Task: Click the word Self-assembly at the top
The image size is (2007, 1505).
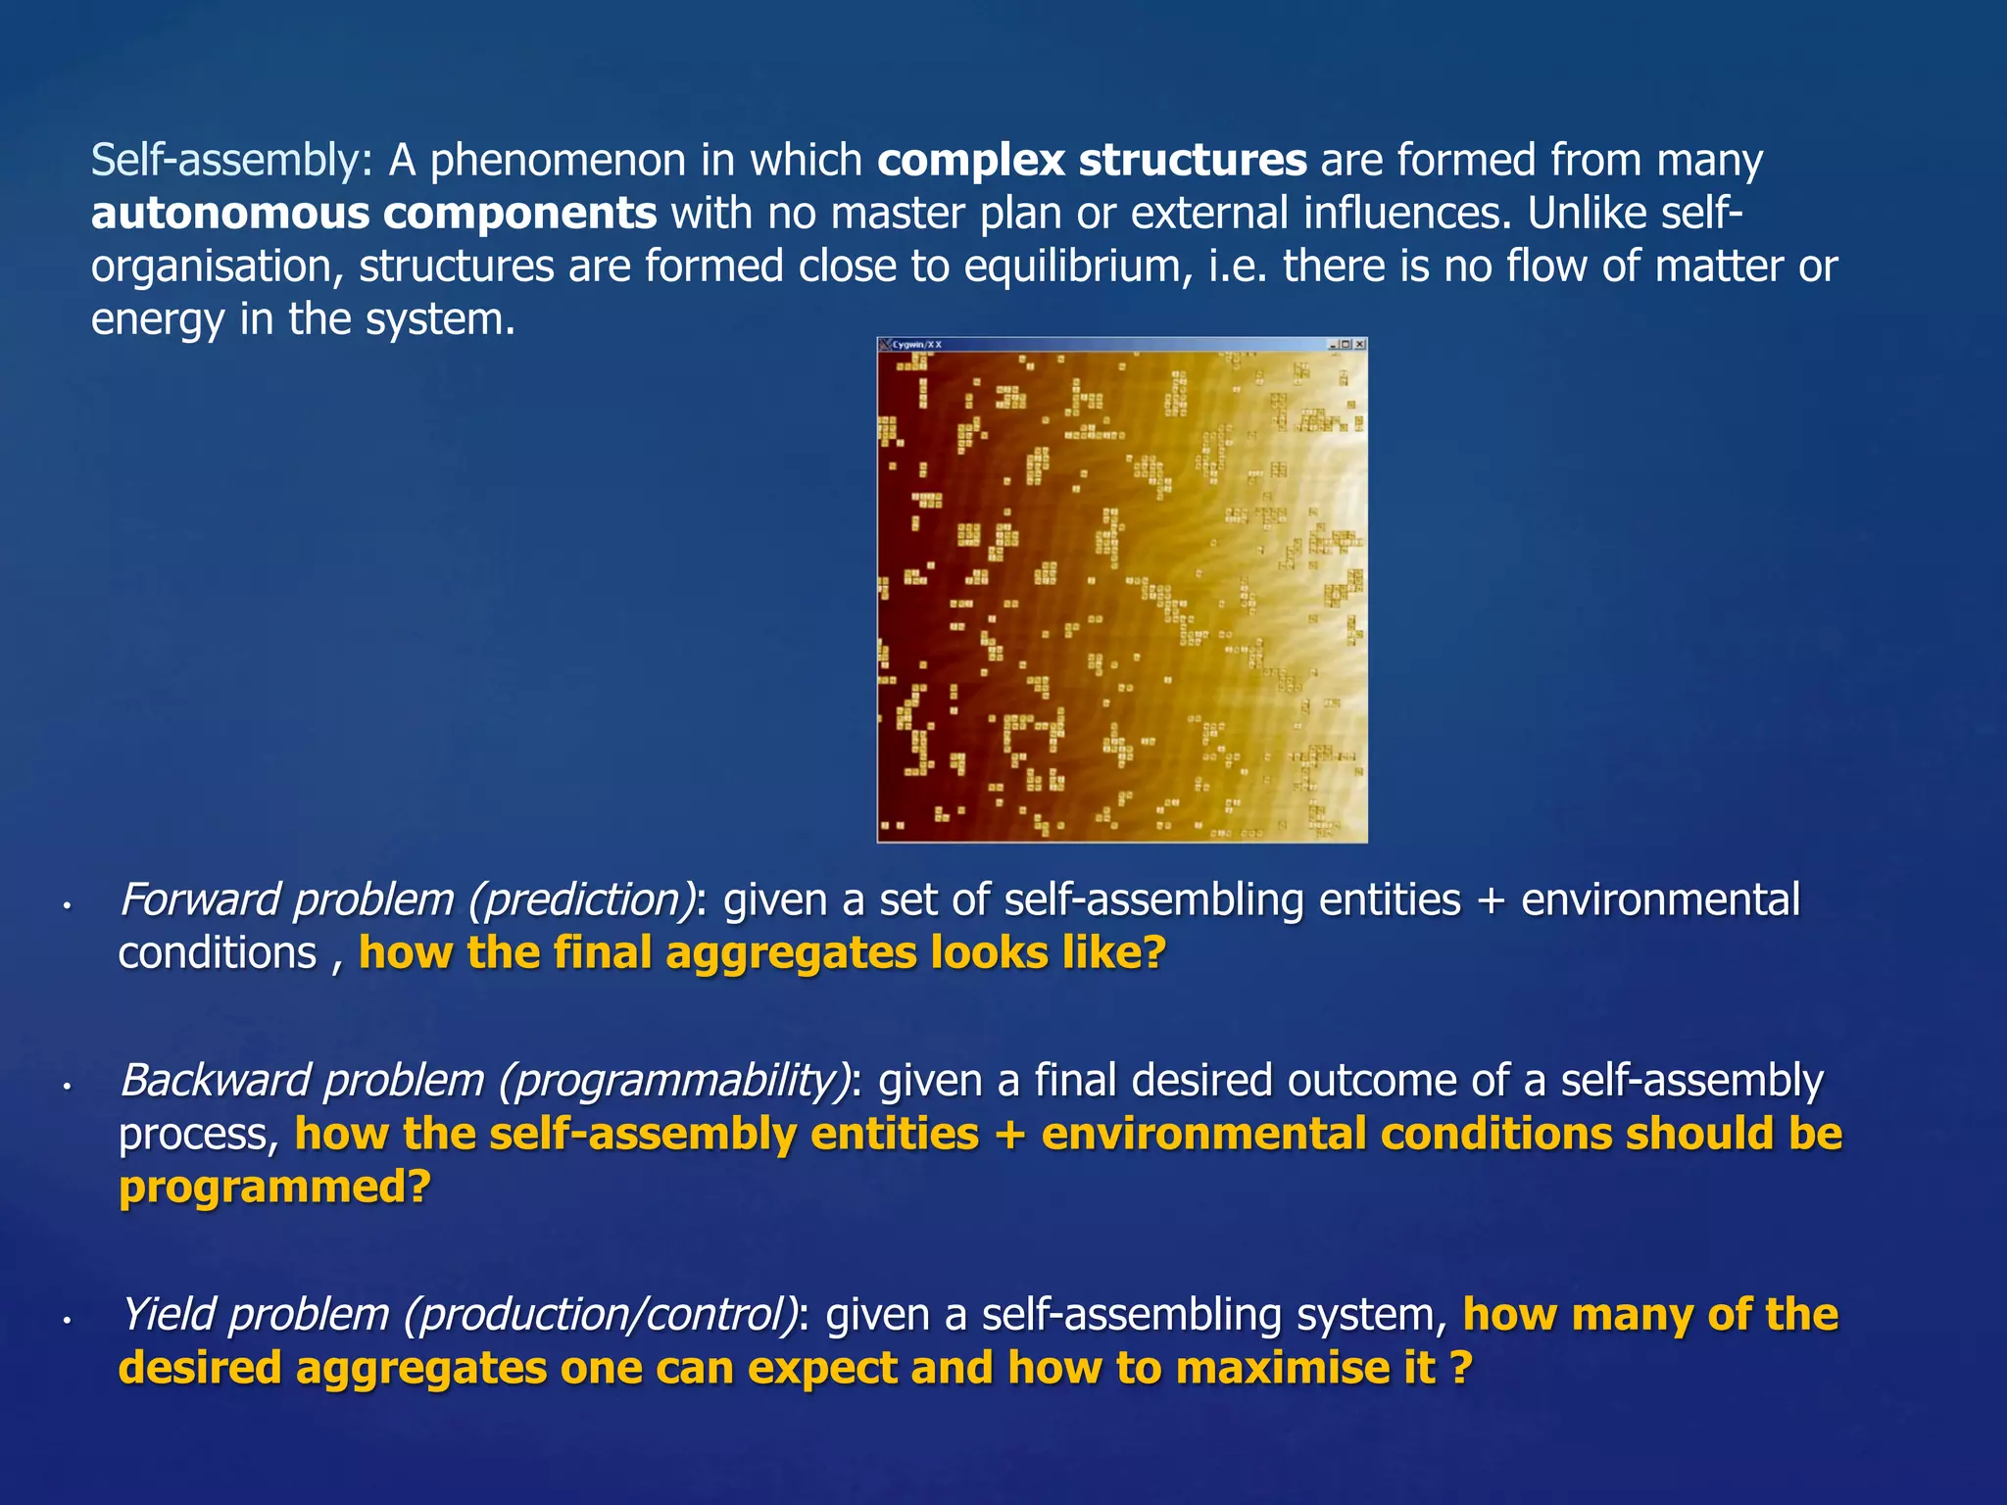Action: pyautogui.click(x=225, y=161)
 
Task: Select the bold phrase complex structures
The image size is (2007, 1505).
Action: pyautogui.click(x=1092, y=161)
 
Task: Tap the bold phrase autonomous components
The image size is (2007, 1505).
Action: pyautogui.click(x=373, y=214)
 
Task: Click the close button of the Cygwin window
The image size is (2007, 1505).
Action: pyautogui.click(x=1360, y=345)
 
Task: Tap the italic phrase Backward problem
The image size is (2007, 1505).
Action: pyautogui.click(x=302, y=1080)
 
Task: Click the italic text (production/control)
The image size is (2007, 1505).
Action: pyautogui.click(x=602, y=1315)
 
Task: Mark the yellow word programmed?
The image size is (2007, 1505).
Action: pyautogui.click(x=274, y=1188)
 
